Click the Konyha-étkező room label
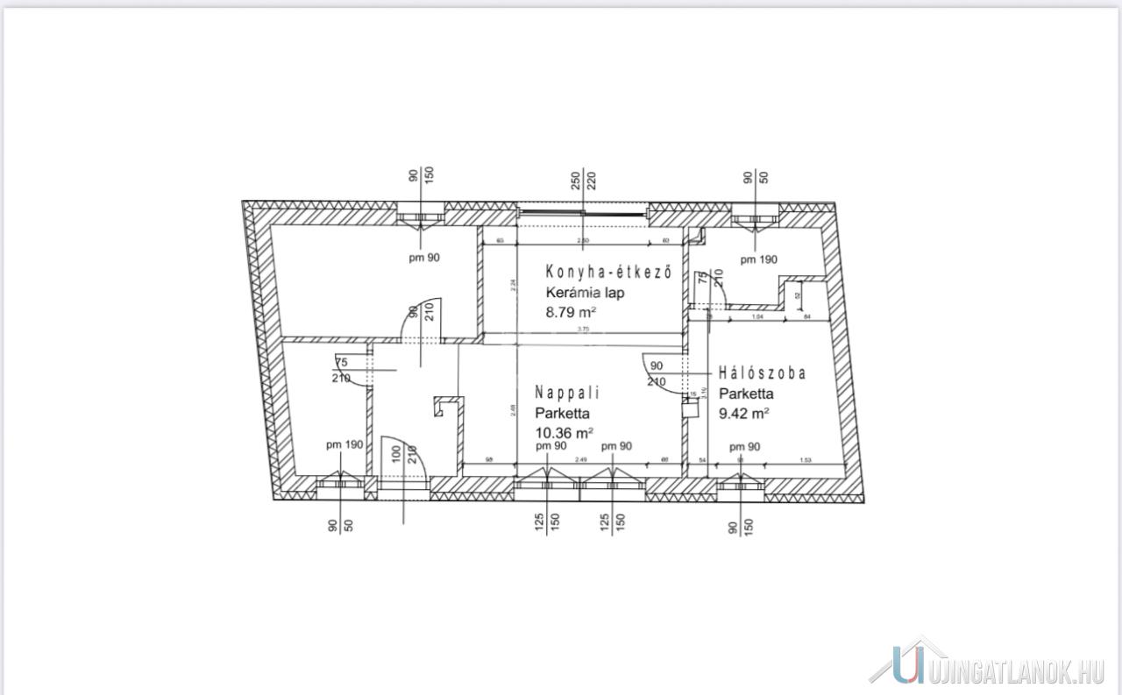pyautogui.click(x=608, y=272)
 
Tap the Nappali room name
pyautogui.click(x=568, y=393)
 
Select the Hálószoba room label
pyautogui.click(x=762, y=372)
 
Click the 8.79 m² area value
pyautogui.click(x=571, y=311)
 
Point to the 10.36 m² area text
pyautogui.click(x=564, y=432)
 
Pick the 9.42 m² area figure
pyautogui.click(x=744, y=413)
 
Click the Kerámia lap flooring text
pyautogui.click(x=585, y=293)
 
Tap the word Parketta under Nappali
pyautogui.click(x=562, y=413)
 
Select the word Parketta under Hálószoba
pyautogui.click(x=746, y=394)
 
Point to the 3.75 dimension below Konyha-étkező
pyautogui.click(x=583, y=330)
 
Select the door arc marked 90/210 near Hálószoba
pyautogui.click(x=657, y=368)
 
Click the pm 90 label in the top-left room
pyautogui.click(x=423, y=257)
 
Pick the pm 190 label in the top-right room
pyautogui.click(x=758, y=259)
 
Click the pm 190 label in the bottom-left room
pyautogui.click(x=344, y=444)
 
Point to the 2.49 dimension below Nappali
pyautogui.click(x=580, y=461)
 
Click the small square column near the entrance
pyautogui.click(x=448, y=408)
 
